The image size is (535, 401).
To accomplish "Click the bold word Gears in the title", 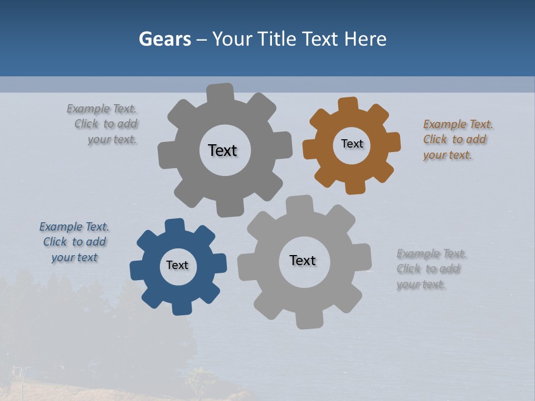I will point(164,39).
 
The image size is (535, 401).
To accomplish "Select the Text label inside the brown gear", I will point(352,144).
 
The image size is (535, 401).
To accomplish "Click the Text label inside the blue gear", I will point(177,266).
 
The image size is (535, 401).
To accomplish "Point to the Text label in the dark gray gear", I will point(222,150).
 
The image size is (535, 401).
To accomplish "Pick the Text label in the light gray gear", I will point(303,261).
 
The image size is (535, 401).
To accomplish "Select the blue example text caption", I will point(74,242).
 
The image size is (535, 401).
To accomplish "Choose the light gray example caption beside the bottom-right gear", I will point(430,269).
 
